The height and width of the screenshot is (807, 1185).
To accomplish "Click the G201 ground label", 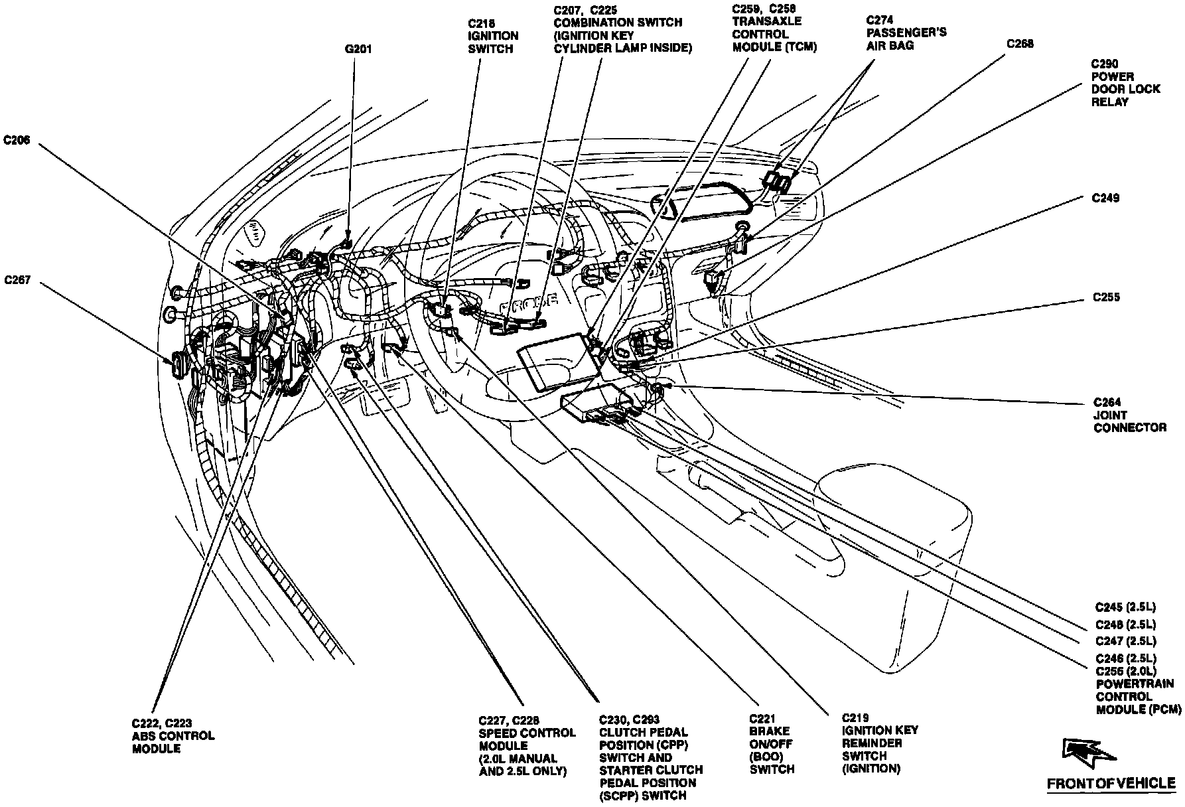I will point(358,49).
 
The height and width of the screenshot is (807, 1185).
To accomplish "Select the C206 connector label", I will point(17,140).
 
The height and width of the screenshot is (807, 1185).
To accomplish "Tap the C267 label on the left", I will point(17,280).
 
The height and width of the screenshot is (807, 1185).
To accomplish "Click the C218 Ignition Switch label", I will point(492,36).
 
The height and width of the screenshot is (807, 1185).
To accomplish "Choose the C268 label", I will point(1019,44).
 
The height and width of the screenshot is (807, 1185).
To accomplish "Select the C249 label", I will point(1106,198).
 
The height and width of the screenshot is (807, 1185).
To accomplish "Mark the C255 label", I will point(1106,297).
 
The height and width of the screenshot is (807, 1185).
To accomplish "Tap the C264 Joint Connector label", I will point(1129,415).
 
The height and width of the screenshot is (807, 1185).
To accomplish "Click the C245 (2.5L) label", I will point(1125,607).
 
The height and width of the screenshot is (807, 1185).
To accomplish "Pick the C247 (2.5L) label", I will point(1125,641).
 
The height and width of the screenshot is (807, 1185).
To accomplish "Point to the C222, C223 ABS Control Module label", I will point(173,735).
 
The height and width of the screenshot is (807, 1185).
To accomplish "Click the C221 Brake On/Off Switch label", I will point(772,744).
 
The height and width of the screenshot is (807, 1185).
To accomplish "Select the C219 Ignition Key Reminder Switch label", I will point(880,743).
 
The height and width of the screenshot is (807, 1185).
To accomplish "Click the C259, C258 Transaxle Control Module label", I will point(774,28).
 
